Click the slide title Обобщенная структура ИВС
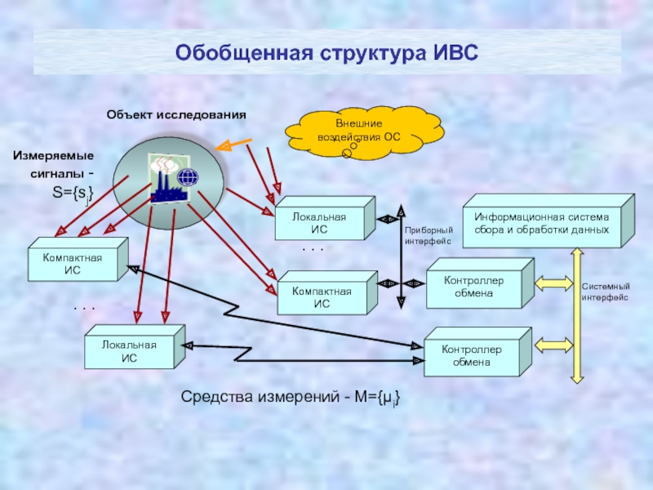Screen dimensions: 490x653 pyautogui.click(x=326, y=53)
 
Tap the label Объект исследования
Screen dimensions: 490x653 pyautogui.click(x=175, y=115)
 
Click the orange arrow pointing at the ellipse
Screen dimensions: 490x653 pyautogui.click(x=234, y=145)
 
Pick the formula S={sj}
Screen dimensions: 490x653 pyautogui.click(x=73, y=194)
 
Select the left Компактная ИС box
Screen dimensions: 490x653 pyautogui.click(x=73, y=265)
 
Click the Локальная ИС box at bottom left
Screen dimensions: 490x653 pyautogui.click(x=131, y=352)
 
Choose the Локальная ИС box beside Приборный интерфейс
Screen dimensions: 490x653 pyautogui.click(x=322, y=223)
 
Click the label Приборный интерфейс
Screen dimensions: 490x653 pyautogui.click(x=428, y=237)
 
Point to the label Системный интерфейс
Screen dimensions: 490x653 pyautogui.click(x=605, y=292)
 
